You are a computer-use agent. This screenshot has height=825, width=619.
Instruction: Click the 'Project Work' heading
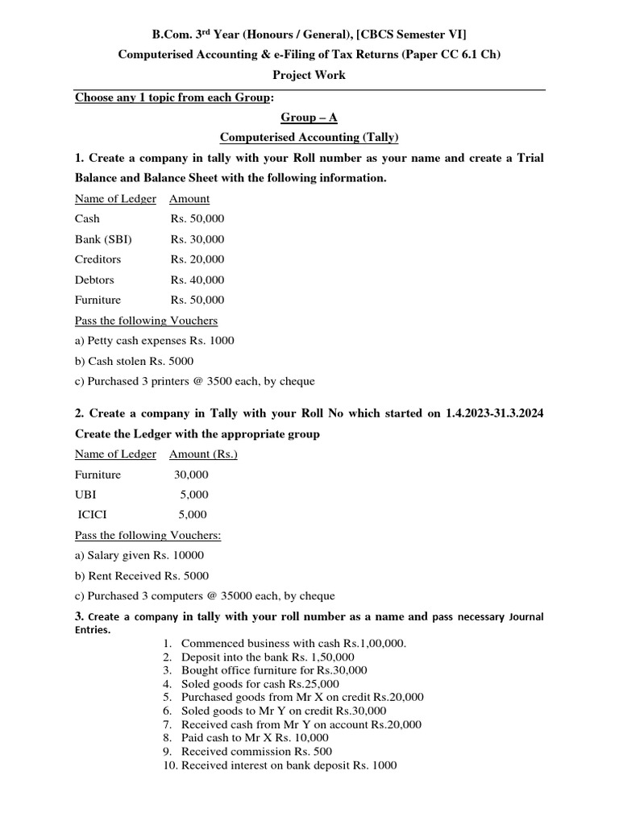coord(309,75)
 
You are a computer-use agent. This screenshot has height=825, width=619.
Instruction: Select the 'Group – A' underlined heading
coord(309,117)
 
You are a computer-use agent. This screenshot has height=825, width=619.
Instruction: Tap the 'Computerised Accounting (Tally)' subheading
coord(309,138)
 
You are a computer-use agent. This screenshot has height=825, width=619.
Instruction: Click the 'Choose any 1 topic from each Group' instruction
coord(174,97)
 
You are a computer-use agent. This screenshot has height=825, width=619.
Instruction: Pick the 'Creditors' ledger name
coord(98,259)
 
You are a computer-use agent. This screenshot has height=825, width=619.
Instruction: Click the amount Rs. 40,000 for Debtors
coord(197,280)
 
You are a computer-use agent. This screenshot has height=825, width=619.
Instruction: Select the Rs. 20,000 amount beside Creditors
coord(197,259)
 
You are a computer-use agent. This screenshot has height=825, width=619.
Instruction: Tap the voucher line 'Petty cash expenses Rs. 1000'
coord(155,341)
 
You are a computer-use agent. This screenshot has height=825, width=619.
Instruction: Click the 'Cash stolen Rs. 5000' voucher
coord(134,361)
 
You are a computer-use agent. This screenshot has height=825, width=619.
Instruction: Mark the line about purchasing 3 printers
coord(194,381)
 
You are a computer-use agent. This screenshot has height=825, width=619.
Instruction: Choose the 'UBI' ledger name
coord(85,495)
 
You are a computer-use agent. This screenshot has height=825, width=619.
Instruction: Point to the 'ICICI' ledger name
coord(91,515)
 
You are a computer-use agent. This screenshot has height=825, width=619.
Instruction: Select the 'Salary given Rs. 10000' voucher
coord(139,555)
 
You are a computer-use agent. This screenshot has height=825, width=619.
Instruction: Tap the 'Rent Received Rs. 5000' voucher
coord(142,575)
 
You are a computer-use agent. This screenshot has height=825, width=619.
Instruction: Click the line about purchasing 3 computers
coord(205,596)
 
